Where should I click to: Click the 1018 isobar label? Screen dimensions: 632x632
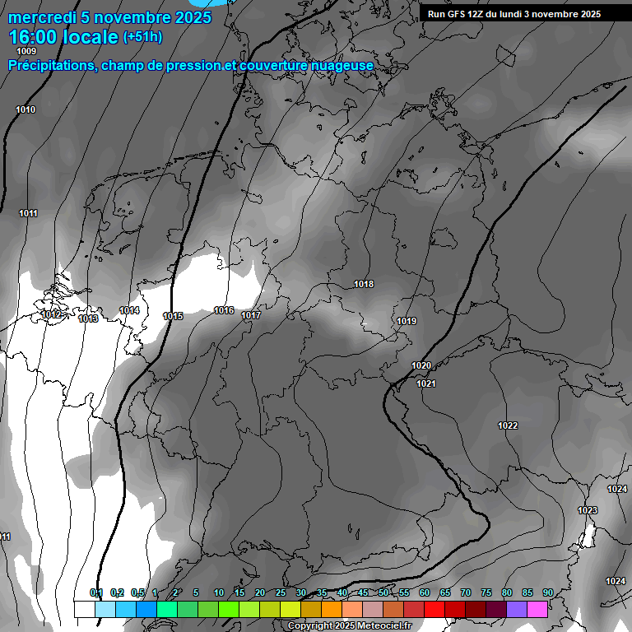(364, 284)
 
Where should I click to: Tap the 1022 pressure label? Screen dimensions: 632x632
(508, 425)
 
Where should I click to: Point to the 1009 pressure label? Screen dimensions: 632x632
(27, 51)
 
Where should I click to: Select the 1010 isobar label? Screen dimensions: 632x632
(26, 109)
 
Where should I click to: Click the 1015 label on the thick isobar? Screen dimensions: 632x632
(173, 316)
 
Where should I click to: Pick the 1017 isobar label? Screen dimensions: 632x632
(251, 316)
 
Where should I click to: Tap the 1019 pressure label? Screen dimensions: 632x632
(407, 321)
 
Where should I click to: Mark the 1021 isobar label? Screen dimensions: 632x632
(426, 383)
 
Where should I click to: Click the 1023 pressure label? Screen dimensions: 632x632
(588, 510)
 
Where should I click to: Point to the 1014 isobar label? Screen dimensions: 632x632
(129, 310)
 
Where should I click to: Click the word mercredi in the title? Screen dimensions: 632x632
(41, 17)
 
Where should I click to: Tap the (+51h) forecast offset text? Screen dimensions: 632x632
(142, 36)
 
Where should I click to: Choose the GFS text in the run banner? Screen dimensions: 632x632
(462, 14)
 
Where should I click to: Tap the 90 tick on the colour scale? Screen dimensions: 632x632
(547, 592)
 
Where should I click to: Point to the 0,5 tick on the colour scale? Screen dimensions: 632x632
(137, 592)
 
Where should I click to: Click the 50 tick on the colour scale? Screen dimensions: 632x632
(383, 592)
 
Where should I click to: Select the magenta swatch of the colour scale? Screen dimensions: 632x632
(537, 609)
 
